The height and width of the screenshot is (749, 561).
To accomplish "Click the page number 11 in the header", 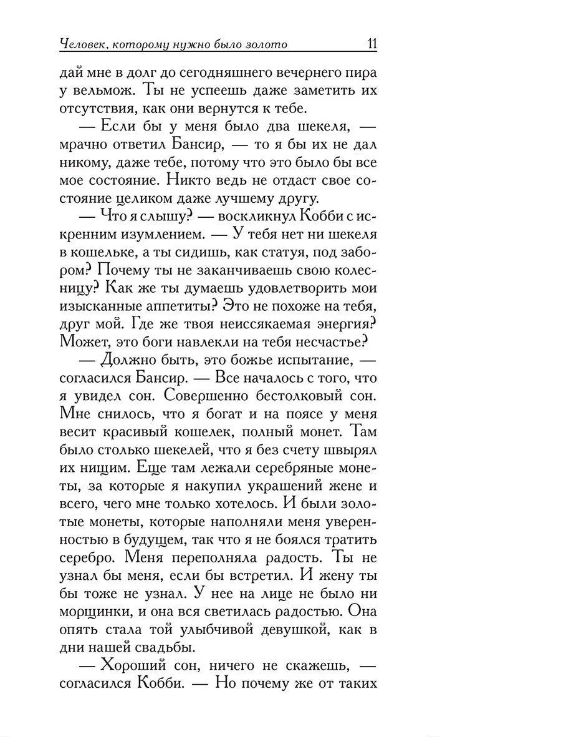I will coord(372,44).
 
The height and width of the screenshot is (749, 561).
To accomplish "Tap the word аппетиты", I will coord(185,307).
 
